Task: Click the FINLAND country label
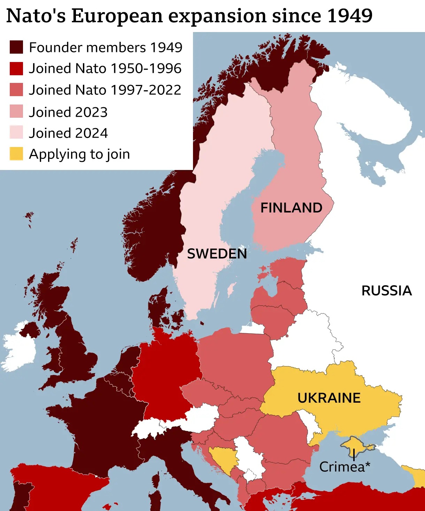[291, 208]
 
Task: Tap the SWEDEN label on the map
[217, 254]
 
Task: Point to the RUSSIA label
[386, 291]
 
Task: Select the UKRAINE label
[329, 398]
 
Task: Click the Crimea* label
[345, 467]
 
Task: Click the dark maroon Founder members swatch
[16, 47]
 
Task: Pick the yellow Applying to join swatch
[16, 154]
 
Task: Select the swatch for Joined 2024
[16, 132]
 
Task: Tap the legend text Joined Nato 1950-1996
[105, 68]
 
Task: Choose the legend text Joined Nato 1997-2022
[105, 90]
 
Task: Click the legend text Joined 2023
[68, 112]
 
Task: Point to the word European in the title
[117, 16]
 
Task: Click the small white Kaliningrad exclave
[253, 329]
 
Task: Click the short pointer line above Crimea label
[354, 455]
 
